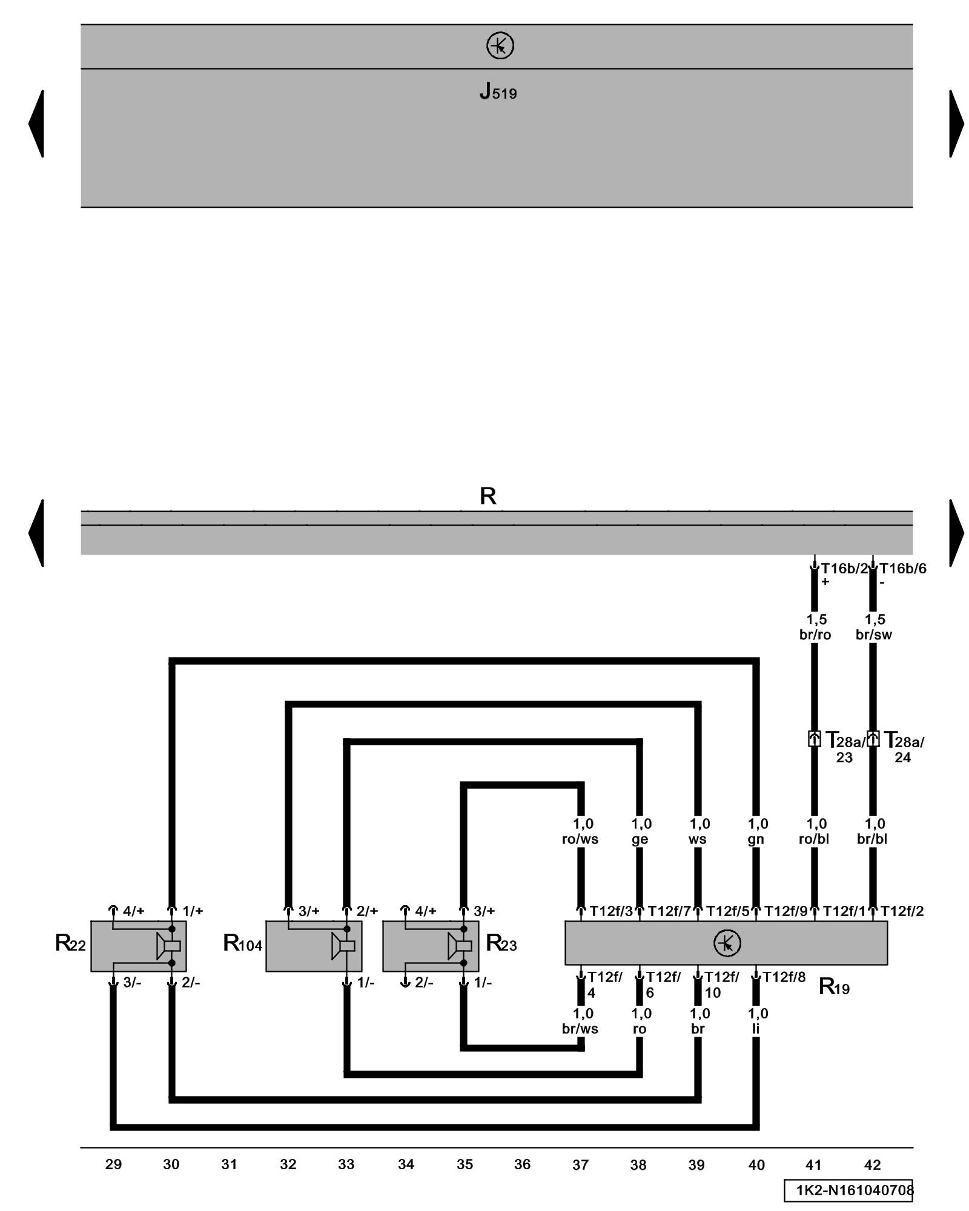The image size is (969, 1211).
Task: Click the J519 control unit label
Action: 498,91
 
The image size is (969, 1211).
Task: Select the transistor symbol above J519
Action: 500,46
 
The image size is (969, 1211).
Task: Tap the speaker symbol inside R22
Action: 168,946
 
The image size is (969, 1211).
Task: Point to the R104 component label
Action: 242,943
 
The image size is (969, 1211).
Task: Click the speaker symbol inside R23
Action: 460,946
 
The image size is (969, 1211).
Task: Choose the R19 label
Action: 833,987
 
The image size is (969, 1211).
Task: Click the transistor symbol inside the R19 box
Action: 727,943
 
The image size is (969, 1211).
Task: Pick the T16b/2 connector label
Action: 844,569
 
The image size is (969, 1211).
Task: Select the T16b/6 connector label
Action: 902,569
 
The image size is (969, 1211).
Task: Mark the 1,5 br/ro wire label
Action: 815,627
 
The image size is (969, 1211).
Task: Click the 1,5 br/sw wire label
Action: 874,627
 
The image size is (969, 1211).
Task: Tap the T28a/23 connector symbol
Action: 815,739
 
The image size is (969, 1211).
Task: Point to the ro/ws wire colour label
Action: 580,839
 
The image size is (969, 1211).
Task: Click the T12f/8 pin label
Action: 784,977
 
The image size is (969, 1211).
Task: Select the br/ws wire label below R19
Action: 580,1029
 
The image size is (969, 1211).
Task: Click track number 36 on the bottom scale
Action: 522,1164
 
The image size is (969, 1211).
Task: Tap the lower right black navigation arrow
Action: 956,533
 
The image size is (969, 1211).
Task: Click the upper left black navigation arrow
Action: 36,124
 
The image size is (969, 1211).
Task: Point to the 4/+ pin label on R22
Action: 133,911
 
